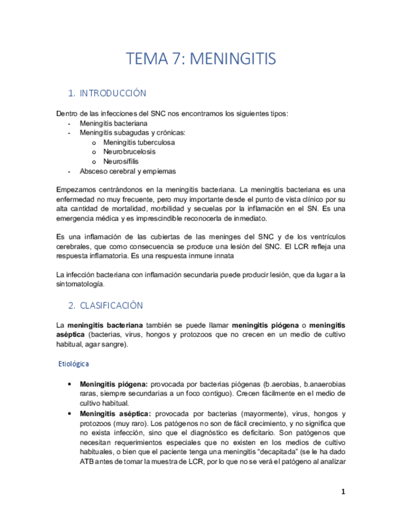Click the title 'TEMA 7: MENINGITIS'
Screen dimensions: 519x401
[x=201, y=59]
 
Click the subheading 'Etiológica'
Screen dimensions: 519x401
[x=73, y=364]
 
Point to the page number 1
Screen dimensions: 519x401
[x=343, y=491]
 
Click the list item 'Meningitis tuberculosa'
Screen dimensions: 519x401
[x=139, y=142]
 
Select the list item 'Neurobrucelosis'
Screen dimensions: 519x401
[x=129, y=151]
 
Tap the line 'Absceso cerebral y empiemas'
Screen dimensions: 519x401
[x=127, y=171]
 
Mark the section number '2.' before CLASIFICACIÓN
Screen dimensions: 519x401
[x=72, y=305]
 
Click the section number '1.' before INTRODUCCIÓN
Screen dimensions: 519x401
[x=72, y=94]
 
